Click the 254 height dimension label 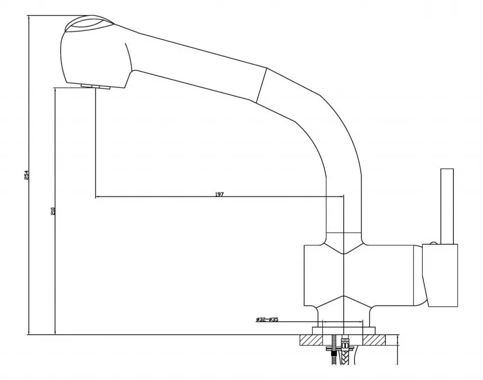[26, 175]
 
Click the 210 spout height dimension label [53, 211]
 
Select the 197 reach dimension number [219, 194]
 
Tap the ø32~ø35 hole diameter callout [267, 319]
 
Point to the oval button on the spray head [89, 25]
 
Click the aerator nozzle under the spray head [96, 87]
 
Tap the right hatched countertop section [374, 340]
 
